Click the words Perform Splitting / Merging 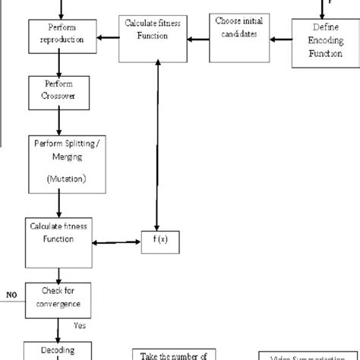60,149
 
